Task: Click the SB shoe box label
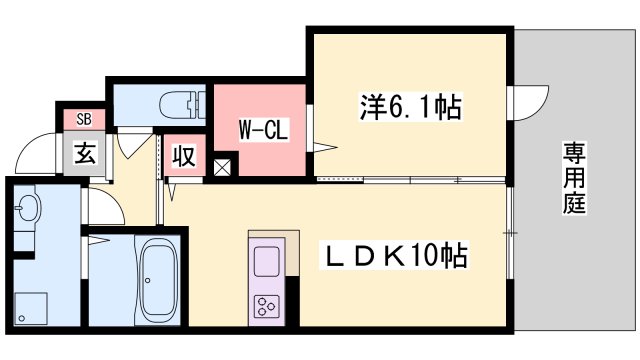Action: pos(83,120)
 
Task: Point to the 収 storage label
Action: pos(184,157)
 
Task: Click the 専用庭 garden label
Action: pos(573,176)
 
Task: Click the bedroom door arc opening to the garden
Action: pos(531,103)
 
